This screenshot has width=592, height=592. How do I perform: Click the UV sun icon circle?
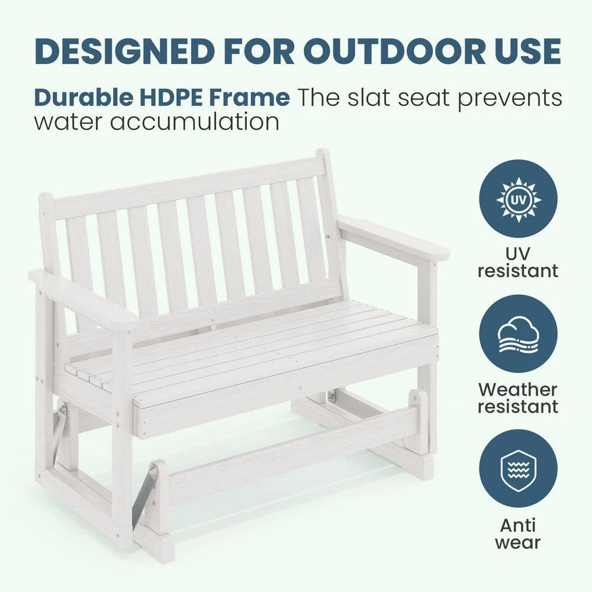[518, 199]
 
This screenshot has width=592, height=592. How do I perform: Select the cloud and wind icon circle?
[518, 334]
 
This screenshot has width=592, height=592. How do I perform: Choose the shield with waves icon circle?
[518, 468]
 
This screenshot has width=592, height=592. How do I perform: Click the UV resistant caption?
[518, 262]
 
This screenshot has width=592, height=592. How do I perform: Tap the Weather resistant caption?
[518, 398]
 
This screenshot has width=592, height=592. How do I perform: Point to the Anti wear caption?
[518, 533]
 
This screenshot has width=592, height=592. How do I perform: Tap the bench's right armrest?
[393, 237]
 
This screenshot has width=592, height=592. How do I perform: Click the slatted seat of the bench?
[255, 343]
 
